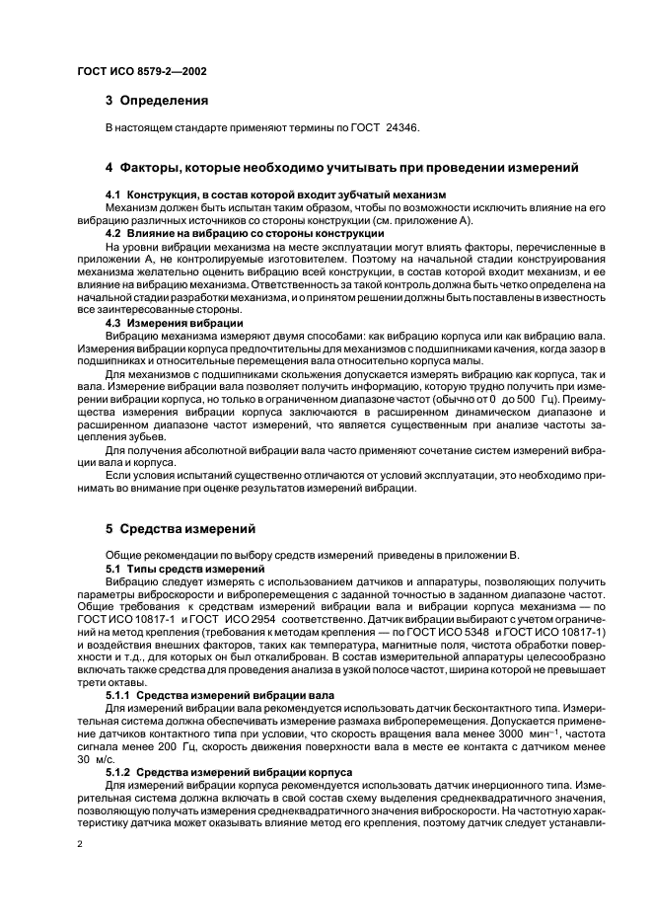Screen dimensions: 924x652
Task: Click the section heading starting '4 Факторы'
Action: click(x=341, y=167)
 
